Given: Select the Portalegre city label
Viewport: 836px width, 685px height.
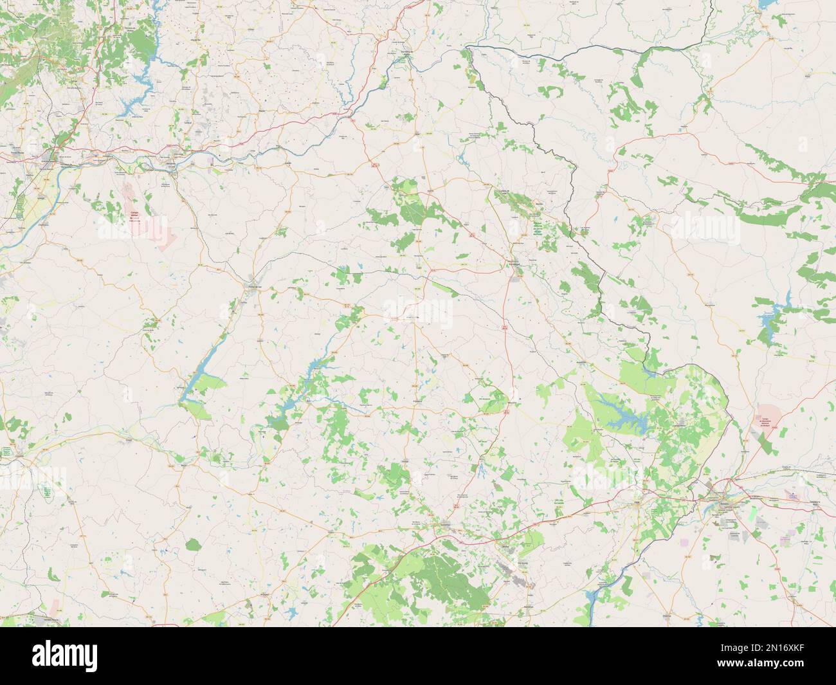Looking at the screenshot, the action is [x=514, y=262].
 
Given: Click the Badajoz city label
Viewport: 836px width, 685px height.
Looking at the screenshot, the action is [x=725, y=497].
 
